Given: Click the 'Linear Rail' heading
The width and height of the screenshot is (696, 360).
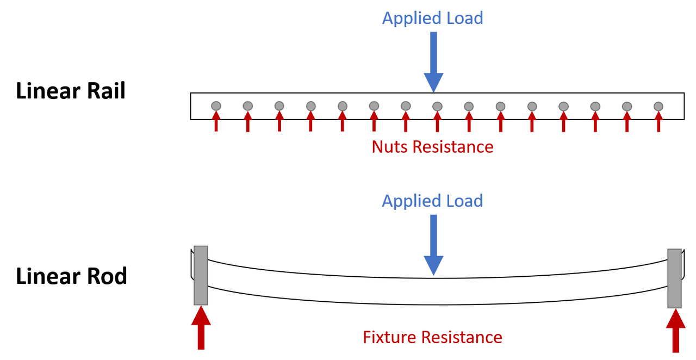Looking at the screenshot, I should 71,91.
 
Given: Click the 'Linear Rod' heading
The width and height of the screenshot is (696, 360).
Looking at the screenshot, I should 71,276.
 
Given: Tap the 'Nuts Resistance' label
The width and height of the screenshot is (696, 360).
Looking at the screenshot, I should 432,147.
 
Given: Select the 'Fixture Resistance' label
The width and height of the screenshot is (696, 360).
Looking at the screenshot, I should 432,337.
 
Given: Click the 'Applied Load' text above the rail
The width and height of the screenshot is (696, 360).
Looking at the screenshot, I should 432,18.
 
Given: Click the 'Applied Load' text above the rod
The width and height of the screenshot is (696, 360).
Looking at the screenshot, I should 432,201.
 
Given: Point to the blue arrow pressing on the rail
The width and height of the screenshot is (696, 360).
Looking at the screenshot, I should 433,61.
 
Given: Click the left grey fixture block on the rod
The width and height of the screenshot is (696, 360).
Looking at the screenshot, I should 201,275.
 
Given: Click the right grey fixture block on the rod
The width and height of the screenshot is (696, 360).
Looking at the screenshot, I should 674,278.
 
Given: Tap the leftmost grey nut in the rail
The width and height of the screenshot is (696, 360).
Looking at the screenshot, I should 216,105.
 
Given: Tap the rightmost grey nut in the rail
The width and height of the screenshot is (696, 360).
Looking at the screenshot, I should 658,106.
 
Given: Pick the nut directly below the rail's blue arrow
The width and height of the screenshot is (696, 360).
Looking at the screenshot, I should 437,106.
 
